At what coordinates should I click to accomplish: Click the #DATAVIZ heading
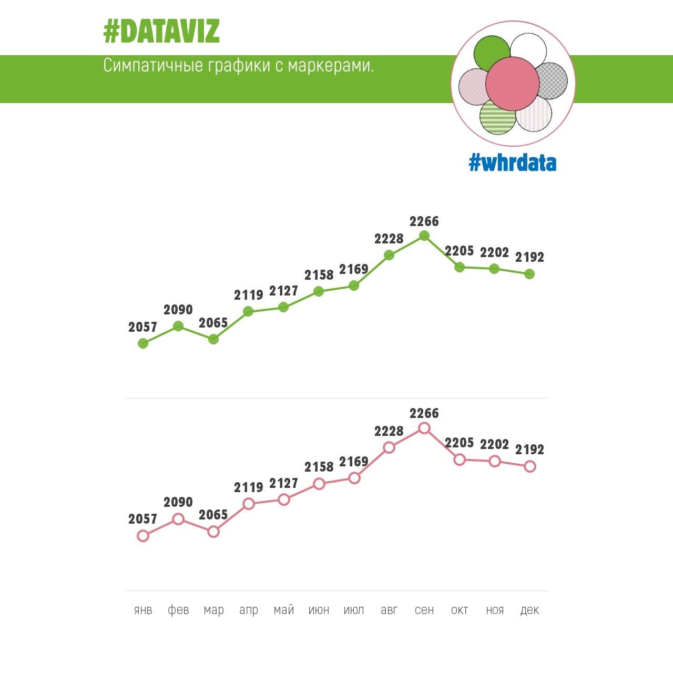pyautogui.click(x=161, y=32)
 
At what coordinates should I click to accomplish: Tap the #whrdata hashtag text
pyautogui.click(x=512, y=163)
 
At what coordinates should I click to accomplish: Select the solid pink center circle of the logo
pyautogui.click(x=512, y=83)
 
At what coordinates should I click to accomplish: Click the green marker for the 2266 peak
pyautogui.click(x=424, y=236)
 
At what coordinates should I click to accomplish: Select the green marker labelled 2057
pyautogui.click(x=143, y=343)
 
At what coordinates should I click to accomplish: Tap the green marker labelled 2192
pyautogui.click(x=529, y=274)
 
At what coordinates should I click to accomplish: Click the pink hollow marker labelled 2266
pyautogui.click(x=424, y=428)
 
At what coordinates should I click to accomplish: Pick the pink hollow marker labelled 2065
pyautogui.click(x=213, y=532)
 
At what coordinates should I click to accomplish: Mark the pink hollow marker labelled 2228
pyautogui.click(x=389, y=447)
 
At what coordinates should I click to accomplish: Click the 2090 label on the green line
pyautogui.click(x=178, y=310)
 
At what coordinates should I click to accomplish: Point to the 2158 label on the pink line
pyautogui.click(x=319, y=467)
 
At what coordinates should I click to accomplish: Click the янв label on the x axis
pyautogui.click(x=143, y=610)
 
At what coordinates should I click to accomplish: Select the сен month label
pyautogui.click(x=424, y=610)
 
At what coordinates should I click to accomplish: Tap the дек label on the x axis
pyautogui.click(x=529, y=610)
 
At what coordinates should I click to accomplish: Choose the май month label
pyautogui.click(x=284, y=610)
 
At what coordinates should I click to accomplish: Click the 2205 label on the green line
pyautogui.click(x=460, y=251)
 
